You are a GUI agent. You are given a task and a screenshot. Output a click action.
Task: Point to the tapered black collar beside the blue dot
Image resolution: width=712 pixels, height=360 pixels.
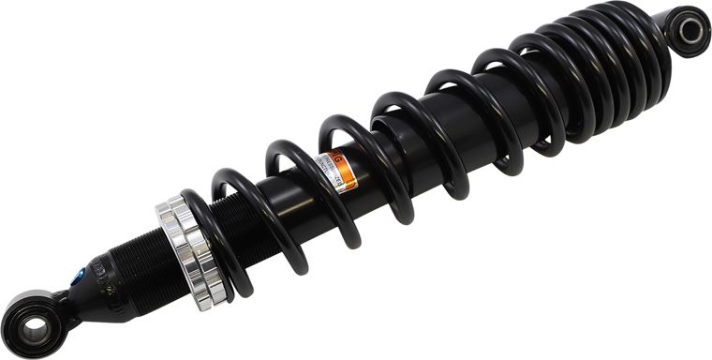[x=94, y=281]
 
